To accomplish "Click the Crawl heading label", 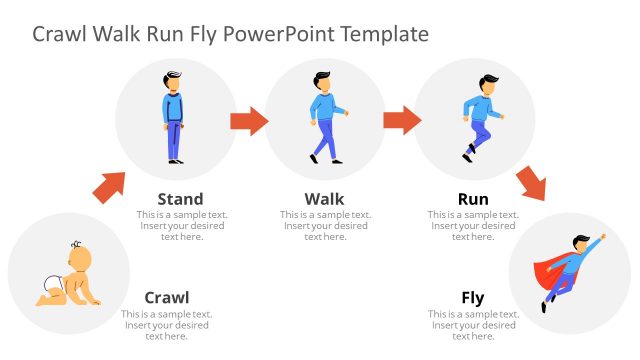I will pos(167,297).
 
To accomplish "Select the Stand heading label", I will pos(180,199).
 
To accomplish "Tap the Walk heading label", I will pos(324,199).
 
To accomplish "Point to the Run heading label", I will pos(473,199).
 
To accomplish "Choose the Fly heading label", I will pos(473,297).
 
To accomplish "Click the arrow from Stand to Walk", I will pos(249,122).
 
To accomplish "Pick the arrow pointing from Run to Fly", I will pos(532,183).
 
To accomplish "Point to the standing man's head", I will pos(175,82).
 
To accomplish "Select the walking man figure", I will pos(324,118).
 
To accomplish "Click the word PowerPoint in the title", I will pos(278,34).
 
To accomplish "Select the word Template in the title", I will pos(384,34).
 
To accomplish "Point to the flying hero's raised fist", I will pos(602,238).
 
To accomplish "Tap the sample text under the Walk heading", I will pos(324,226).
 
